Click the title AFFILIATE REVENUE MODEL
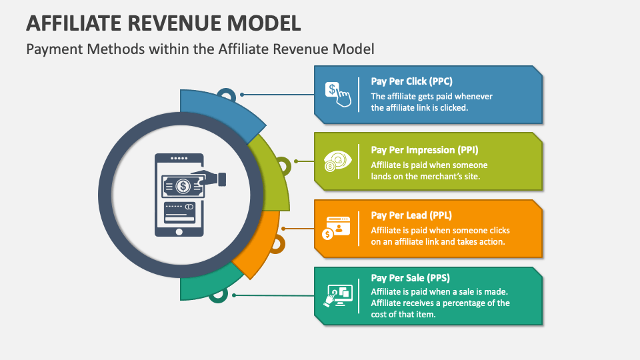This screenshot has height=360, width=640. (x=163, y=23)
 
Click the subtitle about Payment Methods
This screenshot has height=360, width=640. (x=200, y=49)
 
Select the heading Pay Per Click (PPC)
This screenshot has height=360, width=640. (x=411, y=81)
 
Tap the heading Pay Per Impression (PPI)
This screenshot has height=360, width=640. (x=425, y=150)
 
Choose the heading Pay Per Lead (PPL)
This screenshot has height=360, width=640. (x=411, y=215)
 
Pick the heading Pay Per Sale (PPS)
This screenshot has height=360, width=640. (x=410, y=278)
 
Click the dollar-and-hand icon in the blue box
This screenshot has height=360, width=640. (x=338, y=95)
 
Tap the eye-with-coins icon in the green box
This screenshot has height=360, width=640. (x=337, y=161)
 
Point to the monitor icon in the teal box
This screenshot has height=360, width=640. (x=339, y=295)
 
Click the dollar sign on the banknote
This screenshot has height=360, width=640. (x=183, y=187)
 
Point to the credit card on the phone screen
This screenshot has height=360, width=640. (x=179, y=213)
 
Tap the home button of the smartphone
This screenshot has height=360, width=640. (x=179, y=232)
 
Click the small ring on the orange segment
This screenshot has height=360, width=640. (x=277, y=244)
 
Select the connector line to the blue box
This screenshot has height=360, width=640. (x=277, y=95)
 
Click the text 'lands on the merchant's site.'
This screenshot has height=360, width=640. (x=425, y=176)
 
